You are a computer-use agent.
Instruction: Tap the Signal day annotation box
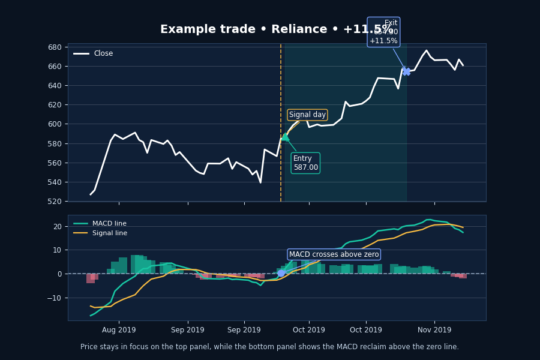pyautogui.click(x=307, y=115)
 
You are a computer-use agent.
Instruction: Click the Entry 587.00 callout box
pyautogui.click(x=305, y=163)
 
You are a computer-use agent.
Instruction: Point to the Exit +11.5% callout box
pyautogui.click(x=383, y=32)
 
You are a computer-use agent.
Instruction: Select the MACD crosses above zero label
pyautogui.click(x=334, y=254)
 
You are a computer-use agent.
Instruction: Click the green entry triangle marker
pyautogui.click(x=285, y=137)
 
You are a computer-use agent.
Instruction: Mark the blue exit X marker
pyautogui.click(x=406, y=71)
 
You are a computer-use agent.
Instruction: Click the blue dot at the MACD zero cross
pyautogui.click(x=281, y=273)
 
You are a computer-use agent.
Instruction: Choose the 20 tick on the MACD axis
pyautogui.click(x=57, y=227)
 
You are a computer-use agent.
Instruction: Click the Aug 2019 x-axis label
pyautogui.click(x=119, y=330)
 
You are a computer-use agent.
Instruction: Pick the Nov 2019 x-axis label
pyautogui.click(x=434, y=330)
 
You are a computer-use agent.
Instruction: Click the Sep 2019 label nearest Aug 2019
pyautogui.click(x=188, y=330)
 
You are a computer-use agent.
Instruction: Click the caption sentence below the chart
pyautogui.click(x=269, y=347)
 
